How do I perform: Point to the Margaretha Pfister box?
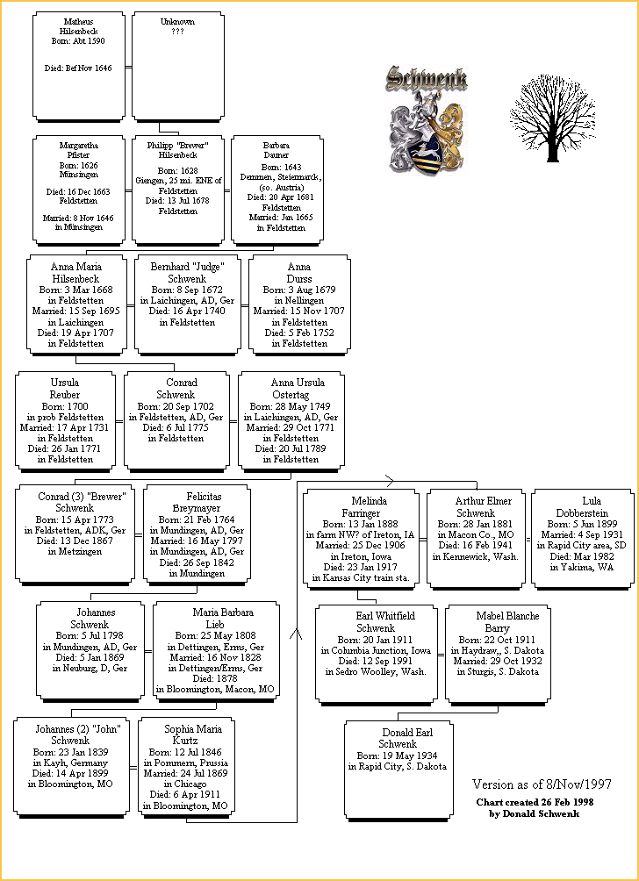[79, 189]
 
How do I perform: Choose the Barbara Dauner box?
[276, 189]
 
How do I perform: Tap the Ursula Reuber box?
[65, 420]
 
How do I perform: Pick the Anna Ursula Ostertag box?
[298, 420]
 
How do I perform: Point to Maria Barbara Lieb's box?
[216, 650]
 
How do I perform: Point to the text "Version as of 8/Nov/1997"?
[541, 784]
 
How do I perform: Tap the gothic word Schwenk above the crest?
[427, 79]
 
